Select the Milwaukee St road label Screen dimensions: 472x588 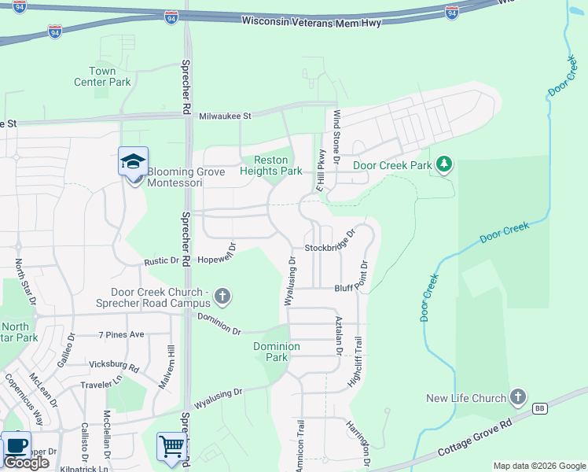pos(225,116)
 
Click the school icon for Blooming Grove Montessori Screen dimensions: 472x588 pos(132,163)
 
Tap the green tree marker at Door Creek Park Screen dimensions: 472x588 pos(445,164)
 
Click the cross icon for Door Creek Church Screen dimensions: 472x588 pos(222,297)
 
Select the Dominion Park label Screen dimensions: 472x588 pos(276,352)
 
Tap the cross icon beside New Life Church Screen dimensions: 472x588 pos(517,397)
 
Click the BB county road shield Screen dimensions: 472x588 pos(539,407)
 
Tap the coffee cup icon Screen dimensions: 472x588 pos(17,445)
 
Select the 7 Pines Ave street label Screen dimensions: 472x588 pos(122,334)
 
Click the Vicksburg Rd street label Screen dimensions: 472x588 pos(114,367)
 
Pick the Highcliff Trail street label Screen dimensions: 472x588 pos(354,363)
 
